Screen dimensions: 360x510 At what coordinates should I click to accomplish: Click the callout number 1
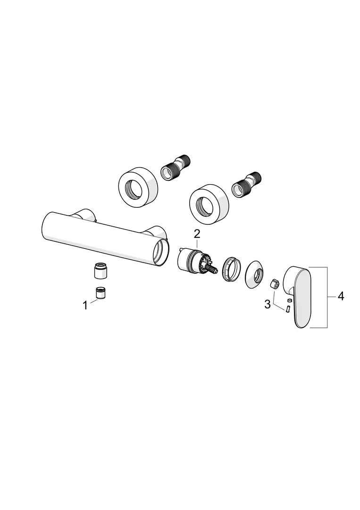click(85, 306)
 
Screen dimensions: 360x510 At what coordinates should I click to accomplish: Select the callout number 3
click(268, 305)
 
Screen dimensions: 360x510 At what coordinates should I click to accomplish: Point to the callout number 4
click(341, 296)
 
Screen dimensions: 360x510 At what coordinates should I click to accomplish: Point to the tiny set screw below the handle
click(287, 309)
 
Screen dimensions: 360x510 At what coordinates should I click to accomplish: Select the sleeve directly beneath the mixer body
click(101, 271)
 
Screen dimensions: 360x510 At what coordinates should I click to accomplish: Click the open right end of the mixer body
click(161, 251)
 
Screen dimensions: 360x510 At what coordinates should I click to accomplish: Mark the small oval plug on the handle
click(290, 299)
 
